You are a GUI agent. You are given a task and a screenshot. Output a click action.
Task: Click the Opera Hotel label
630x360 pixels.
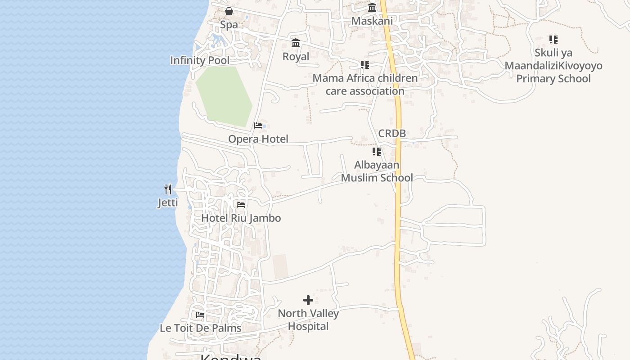(x=258, y=139)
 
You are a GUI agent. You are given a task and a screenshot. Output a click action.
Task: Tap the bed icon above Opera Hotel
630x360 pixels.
(x=258, y=126)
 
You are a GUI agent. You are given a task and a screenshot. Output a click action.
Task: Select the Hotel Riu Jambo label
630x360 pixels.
(x=241, y=218)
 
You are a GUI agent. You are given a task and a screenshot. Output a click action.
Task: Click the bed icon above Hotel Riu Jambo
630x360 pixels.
(x=241, y=205)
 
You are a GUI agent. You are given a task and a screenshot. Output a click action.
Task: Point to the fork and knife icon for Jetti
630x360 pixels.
(x=168, y=189)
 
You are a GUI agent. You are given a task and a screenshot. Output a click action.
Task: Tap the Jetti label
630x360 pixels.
(x=168, y=203)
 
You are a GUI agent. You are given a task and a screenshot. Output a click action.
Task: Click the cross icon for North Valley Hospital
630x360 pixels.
(x=308, y=300)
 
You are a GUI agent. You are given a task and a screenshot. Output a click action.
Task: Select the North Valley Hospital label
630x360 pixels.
(x=308, y=319)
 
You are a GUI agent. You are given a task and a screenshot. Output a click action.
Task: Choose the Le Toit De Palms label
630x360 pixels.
(x=201, y=328)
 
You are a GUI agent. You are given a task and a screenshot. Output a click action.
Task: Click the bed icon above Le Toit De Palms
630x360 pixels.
(x=200, y=315)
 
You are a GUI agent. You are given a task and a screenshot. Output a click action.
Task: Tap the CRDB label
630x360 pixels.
(x=392, y=133)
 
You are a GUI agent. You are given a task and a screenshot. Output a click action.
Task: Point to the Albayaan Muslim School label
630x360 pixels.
(x=377, y=171)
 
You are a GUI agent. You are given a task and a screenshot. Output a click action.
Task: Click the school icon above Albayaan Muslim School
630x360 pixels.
(x=377, y=152)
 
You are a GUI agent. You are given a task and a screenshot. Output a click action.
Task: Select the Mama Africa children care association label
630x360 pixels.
(x=365, y=85)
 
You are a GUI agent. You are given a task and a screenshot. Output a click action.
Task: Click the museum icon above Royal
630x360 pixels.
(x=296, y=43)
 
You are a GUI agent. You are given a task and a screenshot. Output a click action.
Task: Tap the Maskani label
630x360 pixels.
(x=372, y=21)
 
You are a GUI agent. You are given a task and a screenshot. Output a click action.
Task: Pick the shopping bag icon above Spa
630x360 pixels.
(x=229, y=11)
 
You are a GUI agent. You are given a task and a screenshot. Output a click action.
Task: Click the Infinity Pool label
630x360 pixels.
(x=200, y=60)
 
